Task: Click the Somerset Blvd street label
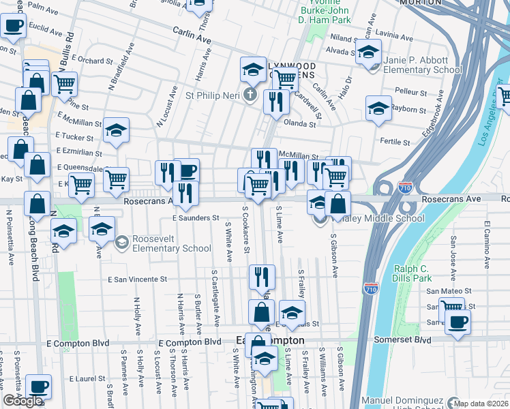[402, 339]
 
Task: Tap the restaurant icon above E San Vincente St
[262, 276]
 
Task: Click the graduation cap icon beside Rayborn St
[378, 108]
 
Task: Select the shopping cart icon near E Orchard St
[64, 84]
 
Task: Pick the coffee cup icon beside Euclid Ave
[14, 27]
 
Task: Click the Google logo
[22, 401]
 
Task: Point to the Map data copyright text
[481, 404]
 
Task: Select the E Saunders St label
[194, 218]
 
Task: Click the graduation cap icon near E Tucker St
[117, 130]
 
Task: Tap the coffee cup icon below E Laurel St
[38, 387]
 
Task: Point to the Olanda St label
[301, 124]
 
